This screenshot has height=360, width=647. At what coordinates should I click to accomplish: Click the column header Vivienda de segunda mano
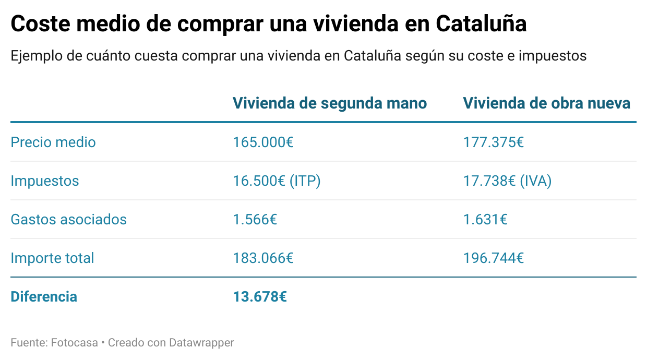tap(330, 103)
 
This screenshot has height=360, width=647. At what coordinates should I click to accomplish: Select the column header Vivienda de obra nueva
tap(547, 103)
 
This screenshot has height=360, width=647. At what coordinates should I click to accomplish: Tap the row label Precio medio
tap(53, 142)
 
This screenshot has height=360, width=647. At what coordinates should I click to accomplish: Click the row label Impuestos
tap(45, 181)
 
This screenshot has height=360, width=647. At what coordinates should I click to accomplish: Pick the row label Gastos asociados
tap(68, 219)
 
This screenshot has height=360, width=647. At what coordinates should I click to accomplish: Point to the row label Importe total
tap(52, 258)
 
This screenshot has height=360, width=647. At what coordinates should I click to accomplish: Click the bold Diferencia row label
tap(44, 296)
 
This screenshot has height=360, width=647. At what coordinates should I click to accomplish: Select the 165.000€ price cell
tap(263, 142)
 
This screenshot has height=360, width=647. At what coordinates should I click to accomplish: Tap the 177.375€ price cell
tap(494, 142)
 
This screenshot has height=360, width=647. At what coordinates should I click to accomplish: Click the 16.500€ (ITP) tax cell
tap(277, 181)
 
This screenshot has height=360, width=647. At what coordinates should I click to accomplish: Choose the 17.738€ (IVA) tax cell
tap(507, 181)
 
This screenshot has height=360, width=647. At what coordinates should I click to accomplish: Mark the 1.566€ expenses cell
tap(255, 219)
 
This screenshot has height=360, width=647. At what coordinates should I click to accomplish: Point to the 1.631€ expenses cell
tap(485, 219)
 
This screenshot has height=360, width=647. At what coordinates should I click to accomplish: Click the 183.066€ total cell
tap(263, 258)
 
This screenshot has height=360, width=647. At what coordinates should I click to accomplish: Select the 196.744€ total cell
tap(494, 258)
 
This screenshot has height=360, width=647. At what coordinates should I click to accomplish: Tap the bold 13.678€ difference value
tap(260, 296)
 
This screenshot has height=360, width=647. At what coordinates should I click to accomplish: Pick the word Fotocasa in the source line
tap(74, 343)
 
